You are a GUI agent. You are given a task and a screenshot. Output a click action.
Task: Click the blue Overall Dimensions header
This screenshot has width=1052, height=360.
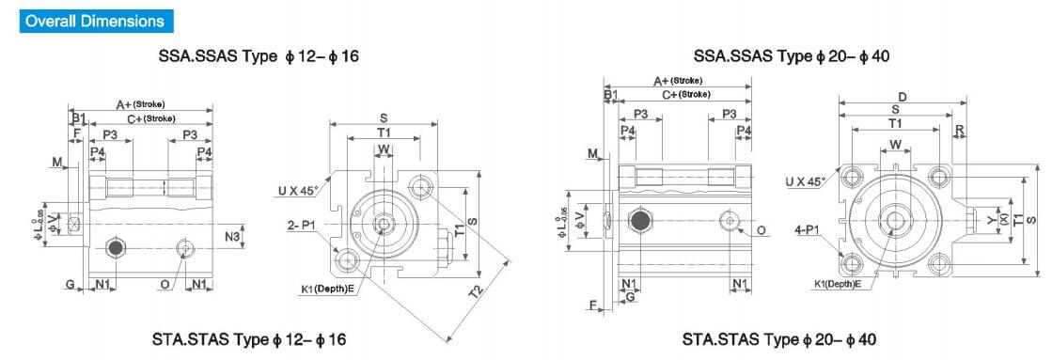(x=95, y=21)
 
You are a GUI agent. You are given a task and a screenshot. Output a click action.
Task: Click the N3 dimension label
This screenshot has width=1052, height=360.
(x=232, y=236)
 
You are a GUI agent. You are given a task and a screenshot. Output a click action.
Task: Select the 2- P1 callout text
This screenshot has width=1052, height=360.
(x=302, y=226)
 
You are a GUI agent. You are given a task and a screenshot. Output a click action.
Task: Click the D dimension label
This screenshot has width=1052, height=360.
(x=903, y=97)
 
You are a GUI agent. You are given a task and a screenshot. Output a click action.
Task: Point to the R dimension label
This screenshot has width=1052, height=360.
(x=960, y=129)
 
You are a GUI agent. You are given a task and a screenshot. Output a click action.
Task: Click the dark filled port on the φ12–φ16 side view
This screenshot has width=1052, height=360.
(x=116, y=248)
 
